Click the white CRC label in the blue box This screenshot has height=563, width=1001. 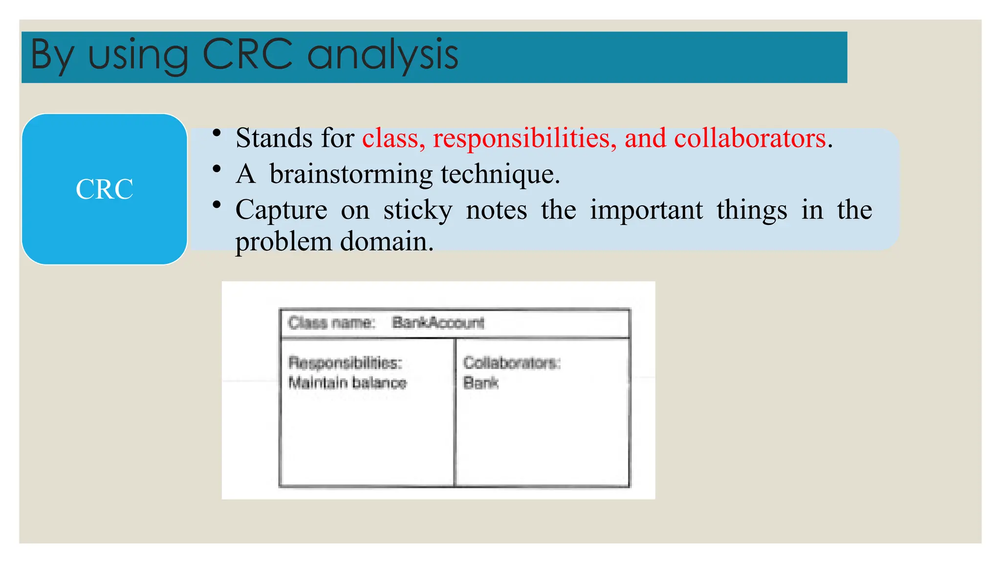(x=104, y=189)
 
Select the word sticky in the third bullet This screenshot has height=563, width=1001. (x=418, y=211)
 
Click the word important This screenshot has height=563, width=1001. (x=646, y=211)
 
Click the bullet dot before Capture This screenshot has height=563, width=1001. (x=217, y=204)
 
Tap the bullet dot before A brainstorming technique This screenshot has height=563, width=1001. (x=217, y=169)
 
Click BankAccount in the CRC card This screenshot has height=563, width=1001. (x=438, y=323)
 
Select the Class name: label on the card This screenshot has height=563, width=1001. (x=331, y=323)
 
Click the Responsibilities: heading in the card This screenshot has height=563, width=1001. (x=345, y=363)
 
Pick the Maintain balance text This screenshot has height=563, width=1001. (x=347, y=382)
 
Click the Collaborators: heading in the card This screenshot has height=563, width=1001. (x=511, y=363)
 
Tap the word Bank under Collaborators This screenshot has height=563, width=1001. (x=480, y=382)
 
